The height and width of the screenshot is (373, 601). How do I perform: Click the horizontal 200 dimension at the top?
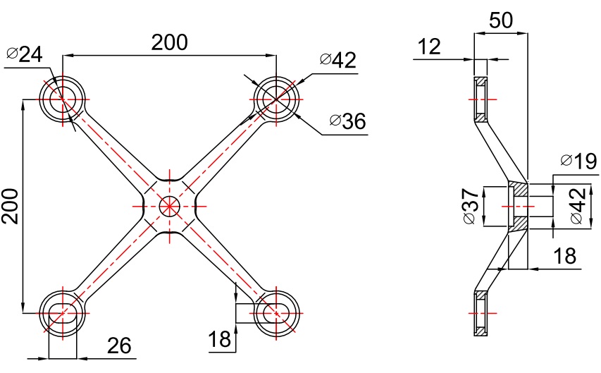click(x=170, y=42)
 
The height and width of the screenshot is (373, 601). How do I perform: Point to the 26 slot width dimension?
click(x=119, y=346)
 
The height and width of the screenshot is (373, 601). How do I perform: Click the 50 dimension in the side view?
click(x=500, y=20)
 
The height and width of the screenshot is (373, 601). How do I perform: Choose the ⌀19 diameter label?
click(x=578, y=161)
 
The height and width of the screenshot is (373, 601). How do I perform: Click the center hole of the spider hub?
click(x=169, y=206)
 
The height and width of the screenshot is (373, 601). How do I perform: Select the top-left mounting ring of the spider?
click(x=63, y=99)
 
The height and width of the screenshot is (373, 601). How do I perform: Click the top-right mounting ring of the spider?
click(x=276, y=99)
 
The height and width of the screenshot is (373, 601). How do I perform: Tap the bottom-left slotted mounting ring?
click(x=63, y=312)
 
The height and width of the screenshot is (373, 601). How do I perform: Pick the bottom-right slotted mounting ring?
click(x=276, y=312)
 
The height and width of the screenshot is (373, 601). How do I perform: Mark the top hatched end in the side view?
click(x=480, y=99)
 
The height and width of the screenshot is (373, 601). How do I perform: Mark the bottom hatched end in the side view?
click(x=480, y=312)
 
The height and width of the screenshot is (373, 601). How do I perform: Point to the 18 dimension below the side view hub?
click(x=565, y=257)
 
